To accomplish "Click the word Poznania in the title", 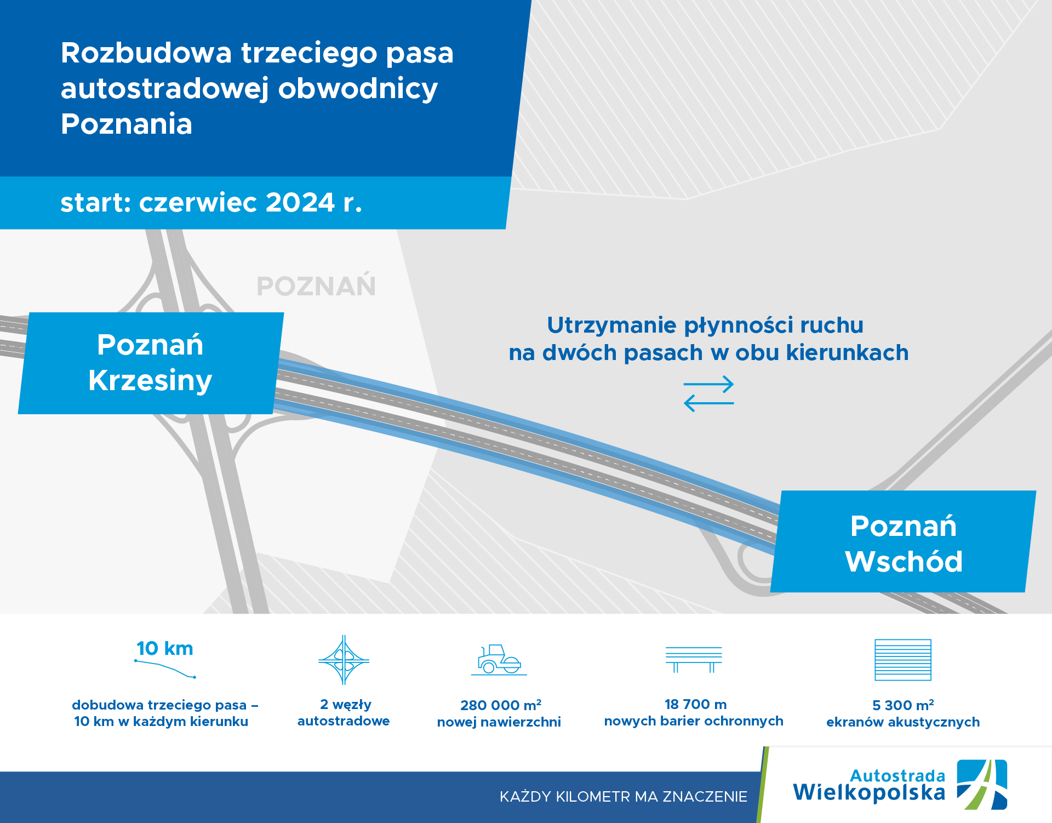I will pyautogui.click(x=127, y=124).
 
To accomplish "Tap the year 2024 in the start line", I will pyautogui.click(x=300, y=203).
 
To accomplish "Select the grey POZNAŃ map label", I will pyautogui.click(x=316, y=287).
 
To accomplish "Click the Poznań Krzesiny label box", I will pyautogui.click(x=150, y=363).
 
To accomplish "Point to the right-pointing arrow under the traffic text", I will pyautogui.click(x=708, y=384).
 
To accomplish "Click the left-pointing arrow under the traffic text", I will pyautogui.click(x=708, y=403).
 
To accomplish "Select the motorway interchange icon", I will pyautogui.click(x=344, y=660).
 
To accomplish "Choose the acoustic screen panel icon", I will pyautogui.click(x=902, y=660).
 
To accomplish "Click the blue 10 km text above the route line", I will pyautogui.click(x=164, y=649).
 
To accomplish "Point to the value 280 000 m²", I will pyautogui.click(x=500, y=705).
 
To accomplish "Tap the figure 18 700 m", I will pyautogui.click(x=695, y=705).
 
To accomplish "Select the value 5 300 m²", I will pyautogui.click(x=902, y=705).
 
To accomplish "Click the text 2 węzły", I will pyautogui.click(x=345, y=705).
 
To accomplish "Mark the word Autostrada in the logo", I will pyautogui.click(x=897, y=776).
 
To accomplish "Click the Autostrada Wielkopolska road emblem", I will pyautogui.click(x=981, y=785).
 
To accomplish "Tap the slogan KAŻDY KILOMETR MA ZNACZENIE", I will pyautogui.click(x=623, y=797).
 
